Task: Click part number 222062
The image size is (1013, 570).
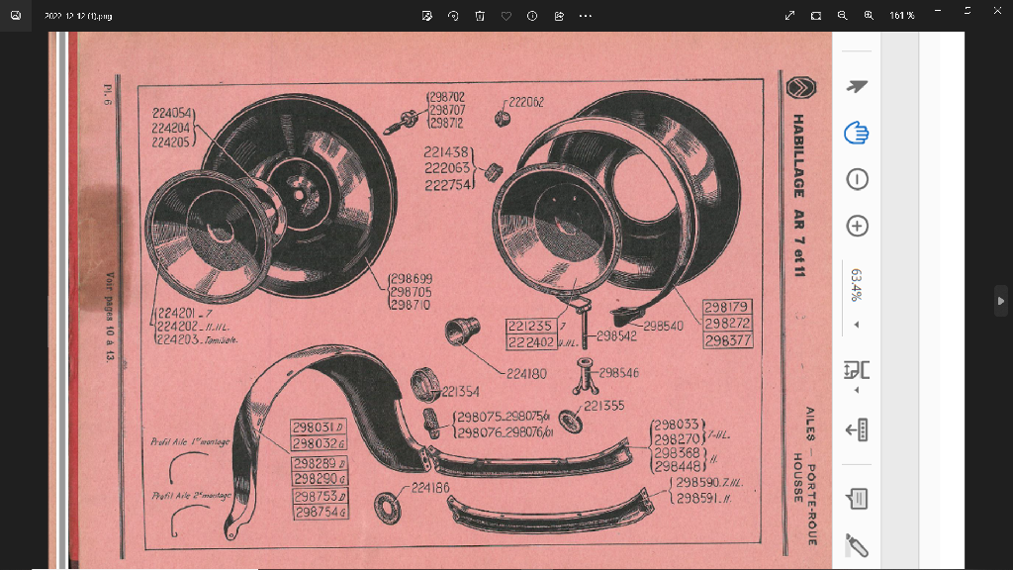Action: click(x=526, y=101)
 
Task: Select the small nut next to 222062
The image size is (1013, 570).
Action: click(x=502, y=119)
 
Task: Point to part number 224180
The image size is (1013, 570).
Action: click(x=526, y=374)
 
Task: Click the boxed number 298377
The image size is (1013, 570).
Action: click(x=728, y=340)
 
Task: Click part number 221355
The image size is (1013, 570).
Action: click(x=603, y=406)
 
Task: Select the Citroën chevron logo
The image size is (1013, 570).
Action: click(x=797, y=88)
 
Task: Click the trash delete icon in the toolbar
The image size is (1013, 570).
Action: click(x=480, y=16)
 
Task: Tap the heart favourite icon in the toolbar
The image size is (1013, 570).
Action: click(x=506, y=16)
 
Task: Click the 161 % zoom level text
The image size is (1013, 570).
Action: click(x=901, y=16)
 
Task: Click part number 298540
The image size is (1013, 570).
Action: click(x=663, y=325)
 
